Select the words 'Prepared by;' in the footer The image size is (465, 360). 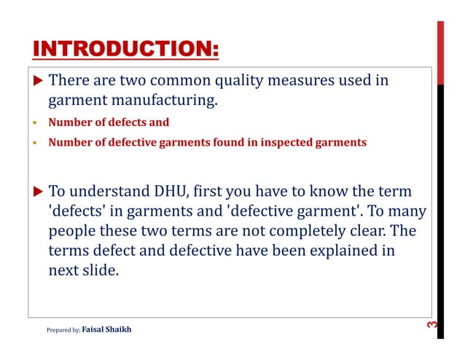[63, 330]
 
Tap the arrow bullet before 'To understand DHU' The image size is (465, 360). [39, 192]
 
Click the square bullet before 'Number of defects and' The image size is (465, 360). [34, 123]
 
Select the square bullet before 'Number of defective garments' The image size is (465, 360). [34, 143]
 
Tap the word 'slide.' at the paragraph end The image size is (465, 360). [99, 270]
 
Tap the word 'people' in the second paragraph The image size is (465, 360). [71, 232]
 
